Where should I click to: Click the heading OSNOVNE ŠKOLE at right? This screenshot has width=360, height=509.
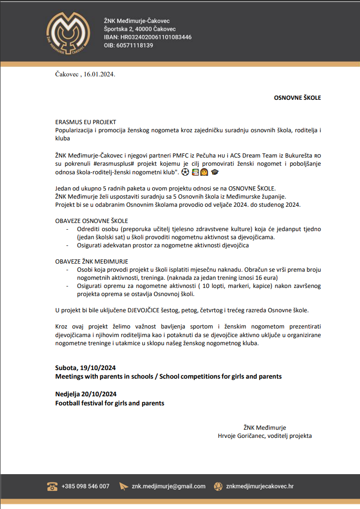(x=297, y=98)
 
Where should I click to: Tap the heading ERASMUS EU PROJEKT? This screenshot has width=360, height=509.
(x=85, y=122)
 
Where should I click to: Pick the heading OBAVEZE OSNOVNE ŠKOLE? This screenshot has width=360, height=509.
(x=92, y=221)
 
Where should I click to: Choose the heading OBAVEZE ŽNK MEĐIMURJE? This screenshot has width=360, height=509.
(x=92, y=262)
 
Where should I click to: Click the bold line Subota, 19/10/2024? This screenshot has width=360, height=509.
(x=85, y=368)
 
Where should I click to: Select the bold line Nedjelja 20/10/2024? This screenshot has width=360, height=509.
(x=86, y=394)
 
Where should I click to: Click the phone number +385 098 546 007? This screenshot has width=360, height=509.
(x=85, y=486)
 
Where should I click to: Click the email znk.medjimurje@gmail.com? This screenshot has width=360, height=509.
(x=169, y=486)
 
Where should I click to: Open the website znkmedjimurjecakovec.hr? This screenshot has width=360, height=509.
(x=260, y=486)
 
